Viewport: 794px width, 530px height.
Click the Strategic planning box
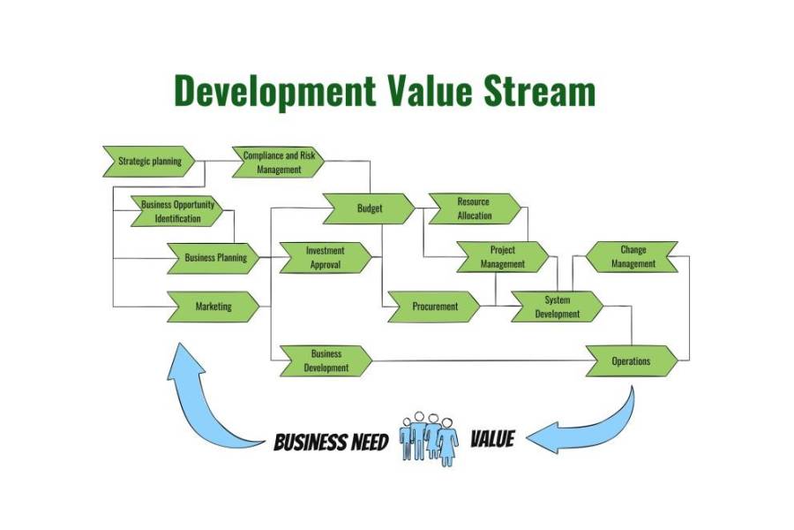pos(149,162)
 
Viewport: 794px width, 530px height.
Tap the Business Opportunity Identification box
pos(177,211)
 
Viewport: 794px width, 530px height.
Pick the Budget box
pos(369,209)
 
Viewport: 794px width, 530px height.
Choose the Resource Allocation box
pos(474,209)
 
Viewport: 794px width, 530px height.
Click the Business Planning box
pos(214,258)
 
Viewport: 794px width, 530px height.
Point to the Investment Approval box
pos(326,258)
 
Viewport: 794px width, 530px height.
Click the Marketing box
pos(213,307)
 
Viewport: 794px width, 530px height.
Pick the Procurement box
pos(434,307)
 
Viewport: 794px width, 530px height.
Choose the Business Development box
pos(326,360)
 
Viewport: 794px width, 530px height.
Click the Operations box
pos(632,360)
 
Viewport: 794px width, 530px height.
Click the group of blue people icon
pos(430,437)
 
